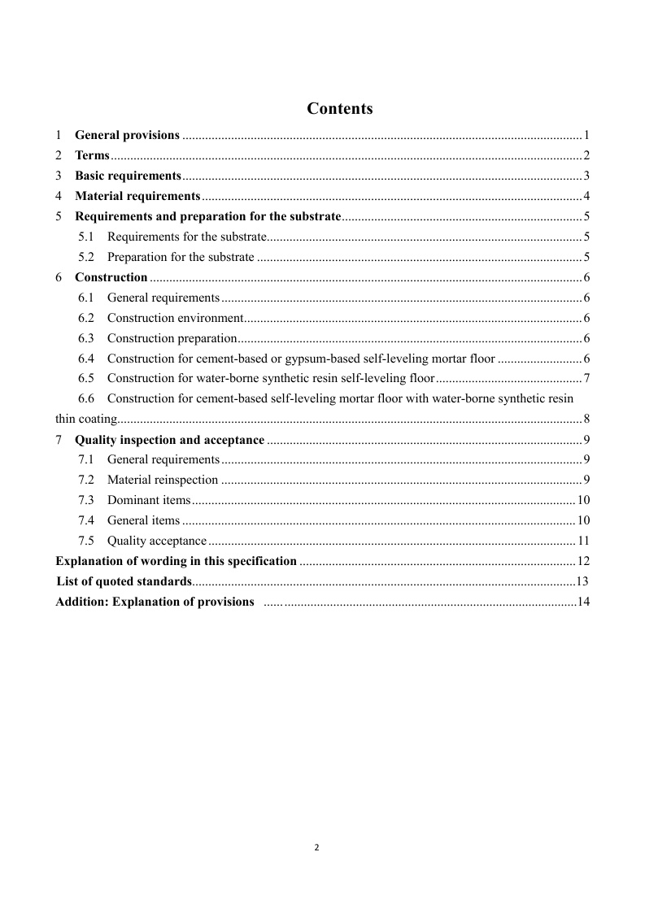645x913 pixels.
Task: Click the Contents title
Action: pyautogui.click(x=340, y=109)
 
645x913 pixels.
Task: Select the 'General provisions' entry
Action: pyautogui.click(x=127, y=135)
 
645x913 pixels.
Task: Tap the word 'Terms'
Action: pyautogui.click(x=92, y=155)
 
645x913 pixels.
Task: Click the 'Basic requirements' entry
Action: pyautogui.click(x=128, y=176)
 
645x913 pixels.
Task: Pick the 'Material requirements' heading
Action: pyautogui.click(x=137, y=196)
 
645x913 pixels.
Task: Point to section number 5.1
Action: pyautogui.click(x=87, y=237)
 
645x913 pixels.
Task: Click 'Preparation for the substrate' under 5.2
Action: pyautogui.click(x=181, y=257)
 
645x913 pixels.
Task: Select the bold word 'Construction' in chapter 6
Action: pyautogui.click(x=111, y=277)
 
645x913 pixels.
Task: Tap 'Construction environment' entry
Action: pyautogui.click(x=175, y=318)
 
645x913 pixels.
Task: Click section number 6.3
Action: pyautogui.click(x=87, y=338)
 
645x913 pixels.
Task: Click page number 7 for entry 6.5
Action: pyautogui.click(x=586, y=379)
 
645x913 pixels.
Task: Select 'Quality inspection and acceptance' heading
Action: pyautogui.click(x=169, y=440)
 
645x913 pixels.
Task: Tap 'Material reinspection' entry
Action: pyautogui.click(x=163, y=480)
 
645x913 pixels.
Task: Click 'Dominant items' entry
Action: pyautogui.click(x=149, y=500)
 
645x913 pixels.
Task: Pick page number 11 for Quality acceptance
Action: pyautogui.click(x=583, y=541)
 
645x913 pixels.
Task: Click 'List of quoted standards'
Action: pyautogui.click(x=124, y=581)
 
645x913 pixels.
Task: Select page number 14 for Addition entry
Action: pyautogui.click(x=582, y=602)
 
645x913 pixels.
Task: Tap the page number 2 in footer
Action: pyautogui.click(x=317, y=847)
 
